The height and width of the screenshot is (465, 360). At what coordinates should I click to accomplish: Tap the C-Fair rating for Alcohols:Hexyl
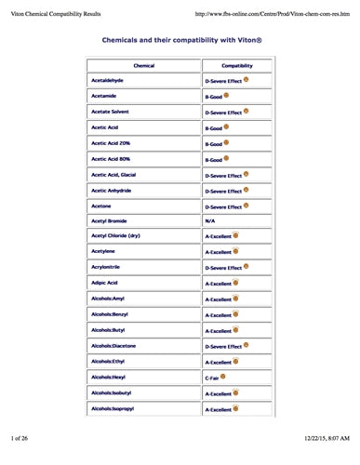(216, 378)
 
